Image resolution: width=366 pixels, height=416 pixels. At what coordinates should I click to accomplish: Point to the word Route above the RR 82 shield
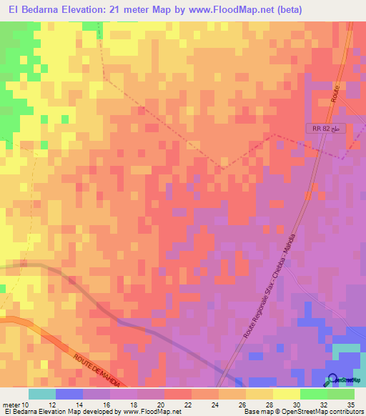click(335, 96)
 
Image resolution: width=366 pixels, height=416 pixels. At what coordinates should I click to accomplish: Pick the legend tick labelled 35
click(350, 405)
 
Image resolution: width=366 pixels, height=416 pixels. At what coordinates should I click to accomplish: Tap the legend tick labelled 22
click(188, 405)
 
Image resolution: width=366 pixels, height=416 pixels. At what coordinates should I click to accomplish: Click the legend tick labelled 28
click(269, 405)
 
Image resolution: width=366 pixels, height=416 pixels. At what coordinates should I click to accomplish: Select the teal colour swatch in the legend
click(42, 394)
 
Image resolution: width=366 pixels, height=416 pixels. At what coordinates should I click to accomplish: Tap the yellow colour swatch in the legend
click(286, 394)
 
